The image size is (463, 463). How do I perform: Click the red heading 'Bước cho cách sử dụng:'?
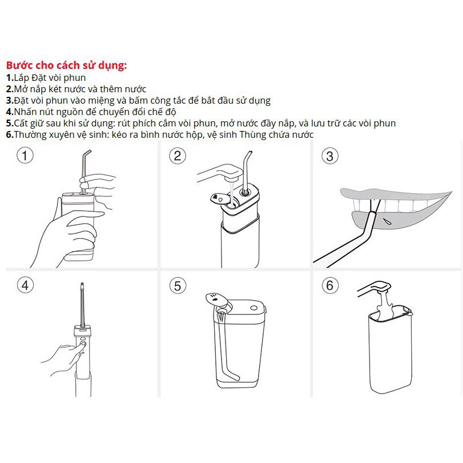pos(67,65)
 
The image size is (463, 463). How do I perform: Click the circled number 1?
pos(25,155)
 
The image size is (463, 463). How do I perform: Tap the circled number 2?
pos(178,156)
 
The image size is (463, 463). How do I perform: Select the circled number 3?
pos(330,156)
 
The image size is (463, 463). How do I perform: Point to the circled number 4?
pos(25,285)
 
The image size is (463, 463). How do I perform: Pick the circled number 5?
pos(178,286)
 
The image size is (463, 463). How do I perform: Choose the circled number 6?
pos(330,285)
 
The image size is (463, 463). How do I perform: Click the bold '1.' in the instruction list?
pos(10,78)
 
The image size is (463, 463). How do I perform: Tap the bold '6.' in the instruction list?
pos(10,134)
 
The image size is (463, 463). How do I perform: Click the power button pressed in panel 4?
pos(83,344)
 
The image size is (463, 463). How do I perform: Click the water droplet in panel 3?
pos(387,221)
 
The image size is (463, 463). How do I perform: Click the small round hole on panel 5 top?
pos(253,308)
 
